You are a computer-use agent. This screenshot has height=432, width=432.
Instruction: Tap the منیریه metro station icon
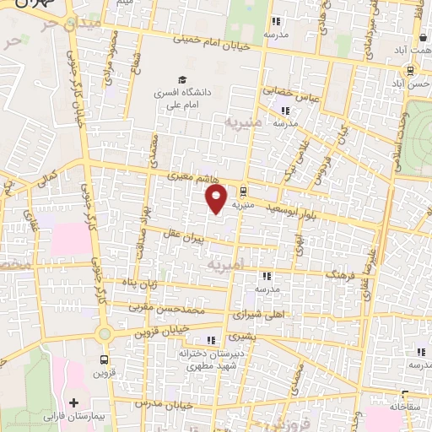[243, 190]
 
